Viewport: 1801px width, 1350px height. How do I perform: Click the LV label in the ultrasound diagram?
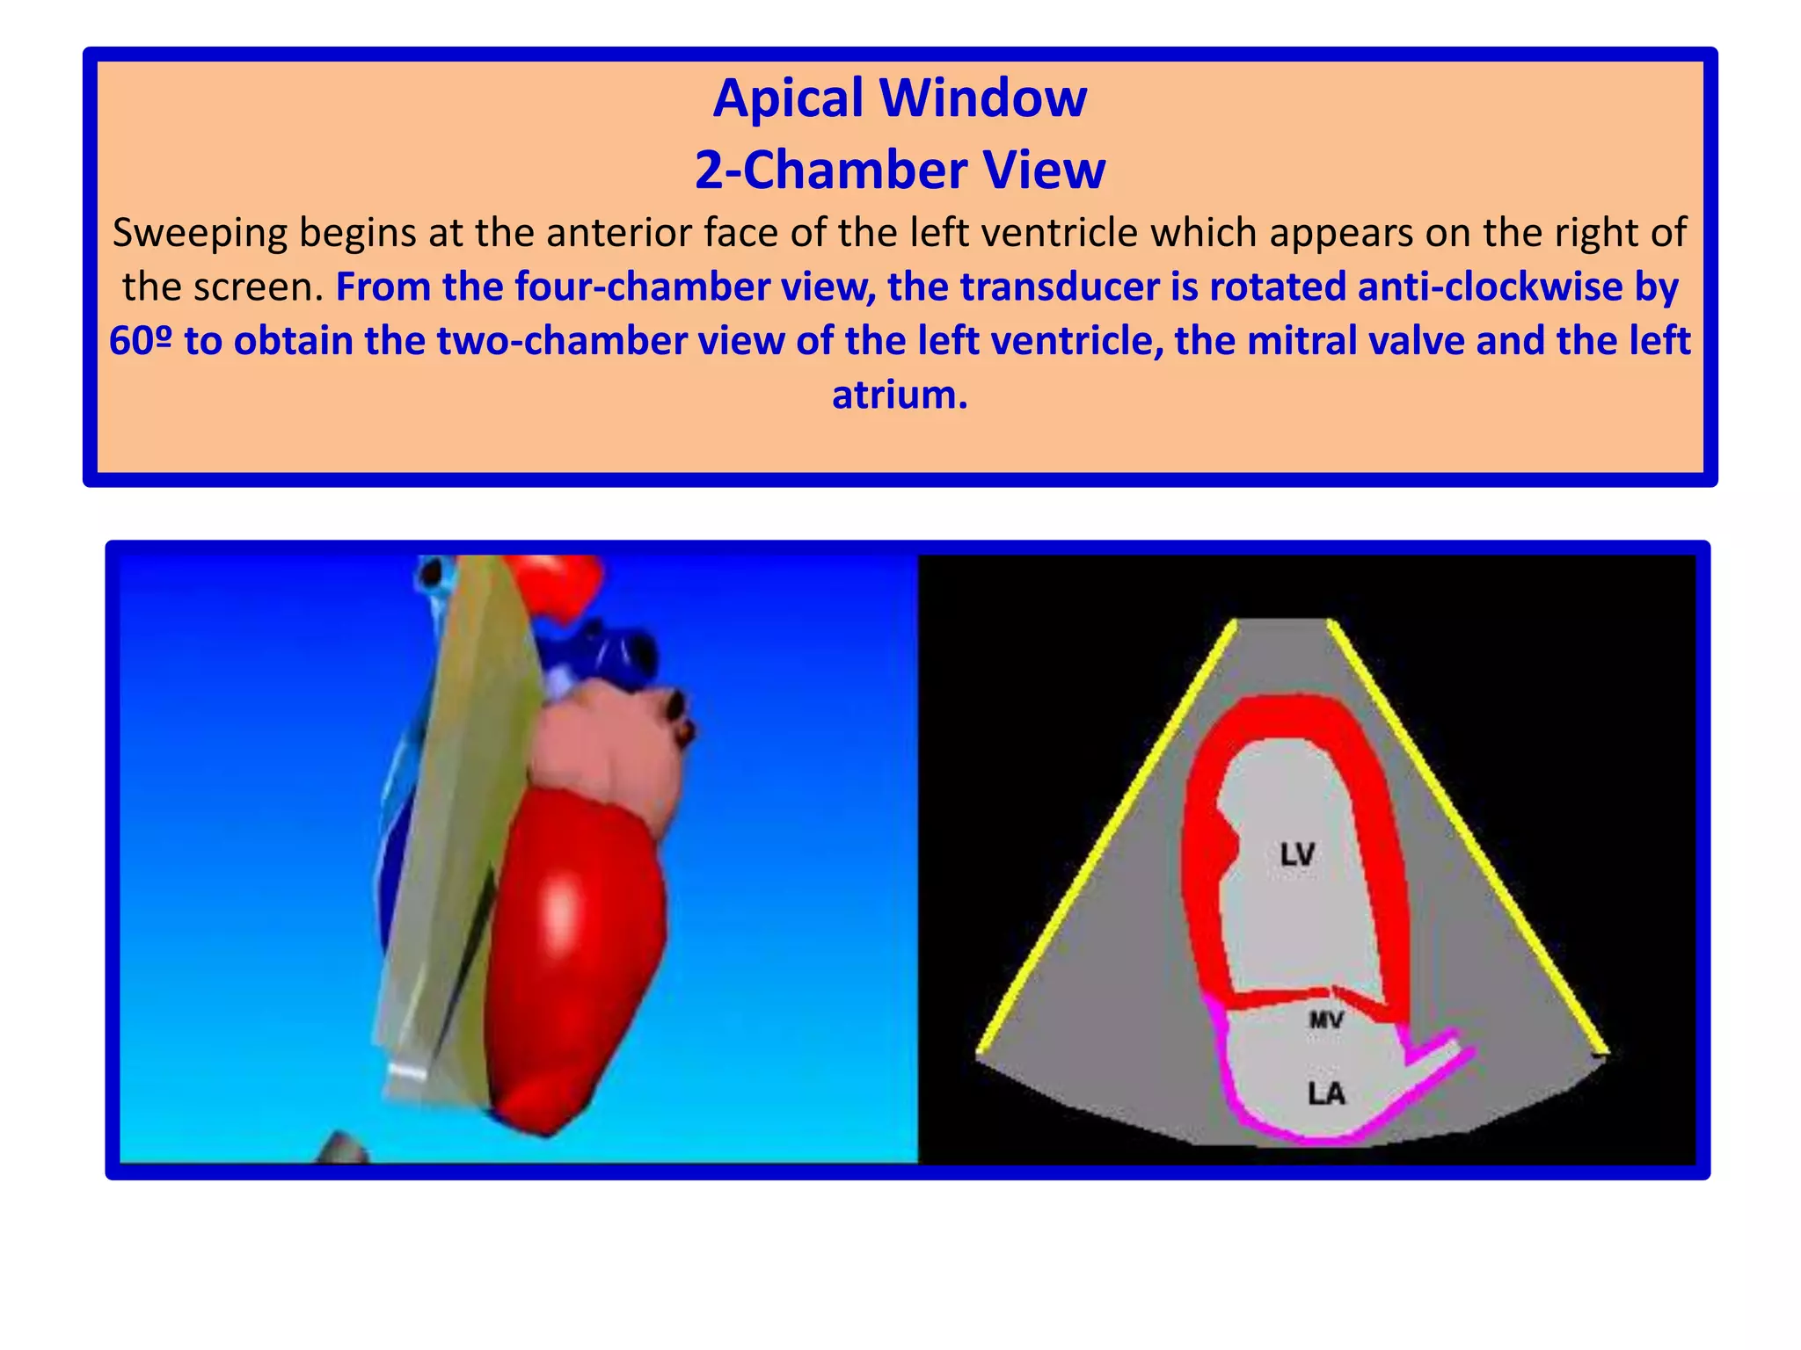pos(1297,854)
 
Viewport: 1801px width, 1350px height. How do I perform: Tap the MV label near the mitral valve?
pos(1326,1020)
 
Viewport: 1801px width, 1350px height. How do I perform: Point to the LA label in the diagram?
pos(1326,1094)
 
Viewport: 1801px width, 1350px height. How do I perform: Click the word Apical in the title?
pos(787,98)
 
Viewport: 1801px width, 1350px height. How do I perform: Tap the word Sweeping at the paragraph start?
pos(201,234)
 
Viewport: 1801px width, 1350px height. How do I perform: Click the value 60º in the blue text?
pos(141,341)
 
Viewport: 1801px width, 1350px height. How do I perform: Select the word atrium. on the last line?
pos(900,395)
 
